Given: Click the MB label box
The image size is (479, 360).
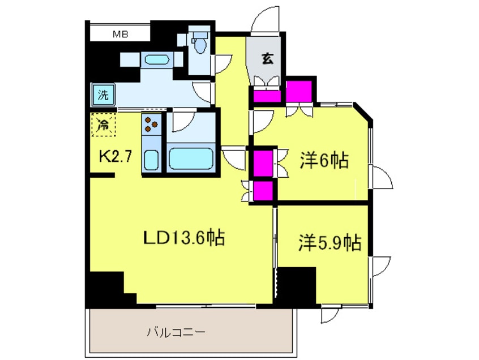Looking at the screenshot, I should pyautogui.click(x=120, y=35).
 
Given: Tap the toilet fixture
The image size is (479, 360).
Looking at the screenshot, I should pyautogui.click(x=199, y=43).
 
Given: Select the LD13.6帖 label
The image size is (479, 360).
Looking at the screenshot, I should pyautogui.click(x=183, y=238).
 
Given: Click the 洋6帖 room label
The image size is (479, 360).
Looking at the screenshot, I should pyautogui.click(x=323, y=162).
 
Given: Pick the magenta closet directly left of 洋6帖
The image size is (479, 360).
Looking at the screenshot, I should pyautogui.click(x=262, y=162).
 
